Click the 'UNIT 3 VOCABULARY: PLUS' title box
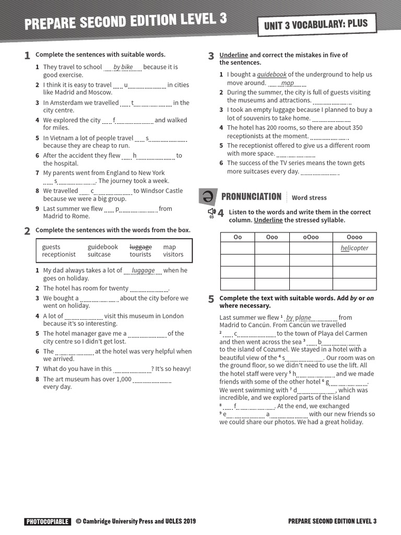(x=316, y=24)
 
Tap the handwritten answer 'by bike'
(x=123, y=67)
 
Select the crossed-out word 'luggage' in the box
(x=140, y=247)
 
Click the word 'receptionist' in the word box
(x=58, y=254)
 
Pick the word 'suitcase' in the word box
(x=99, y=254)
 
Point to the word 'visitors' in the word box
(x=173, y=254)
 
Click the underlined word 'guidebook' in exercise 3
(x=272, y=75)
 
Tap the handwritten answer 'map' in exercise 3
(x=287, y=83)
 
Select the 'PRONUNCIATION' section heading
(x=251, y=196)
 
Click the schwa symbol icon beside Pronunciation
(x=207, y=196)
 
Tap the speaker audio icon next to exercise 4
(x=211, y=212)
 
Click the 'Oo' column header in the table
(x=238, y=237)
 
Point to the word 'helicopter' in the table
(x=354, y=248)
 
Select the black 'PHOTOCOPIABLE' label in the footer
(x=47, y=521)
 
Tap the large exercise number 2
(x=27, y=231)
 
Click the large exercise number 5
(x=211, y=299)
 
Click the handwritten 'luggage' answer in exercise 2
(x=143, y=270)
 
